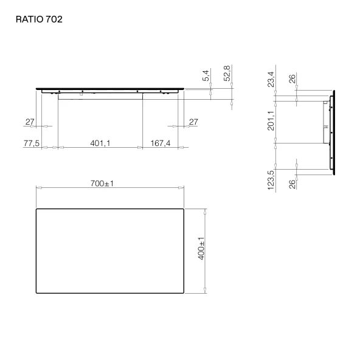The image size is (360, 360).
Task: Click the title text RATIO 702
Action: (x=39, y=19)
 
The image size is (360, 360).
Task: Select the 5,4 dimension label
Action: (x=206, y=76)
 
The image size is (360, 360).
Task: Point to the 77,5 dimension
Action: (x=32, y=144)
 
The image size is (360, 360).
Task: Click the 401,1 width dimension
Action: (x=100, y=144)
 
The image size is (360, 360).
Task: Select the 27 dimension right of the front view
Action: (x=193, y=122)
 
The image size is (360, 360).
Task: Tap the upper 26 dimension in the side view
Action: (x=292, y=79)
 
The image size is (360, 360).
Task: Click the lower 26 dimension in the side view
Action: (x=292, y=184)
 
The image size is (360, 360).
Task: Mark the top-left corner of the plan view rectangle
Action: (x=37, y=209)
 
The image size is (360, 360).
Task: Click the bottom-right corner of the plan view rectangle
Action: (x=184, y=292)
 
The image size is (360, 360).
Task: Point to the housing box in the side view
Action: (x=324, y=121)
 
